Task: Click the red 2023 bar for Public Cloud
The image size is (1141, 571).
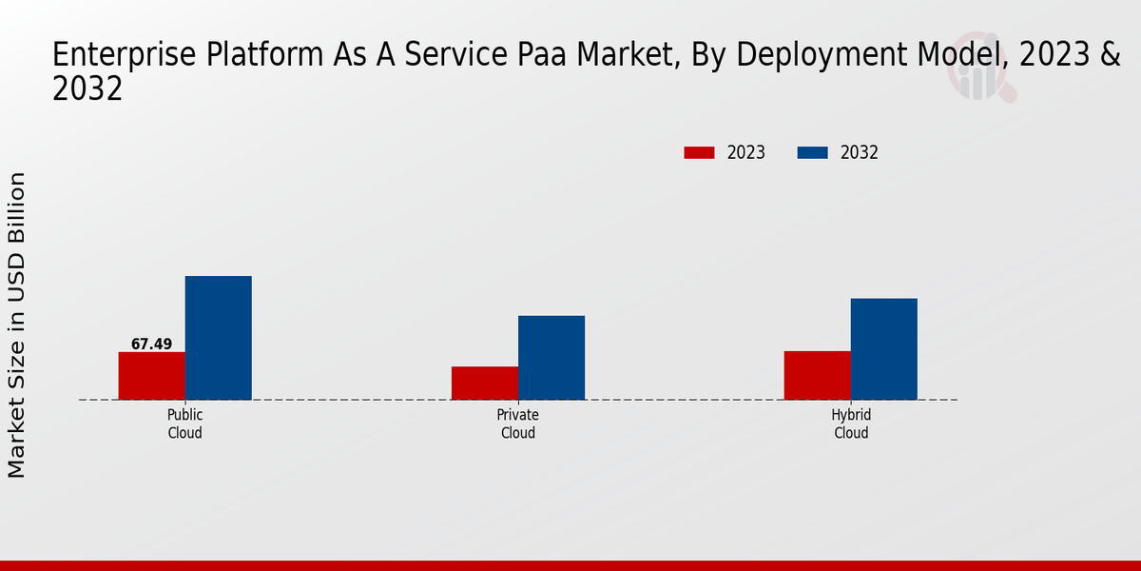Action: (x=151, y=376)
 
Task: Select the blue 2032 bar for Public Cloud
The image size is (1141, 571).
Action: (x=218, y=338)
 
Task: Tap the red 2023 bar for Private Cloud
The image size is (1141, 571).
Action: (x=485, y=383)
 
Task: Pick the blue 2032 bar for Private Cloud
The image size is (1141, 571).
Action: (x=551, y=358)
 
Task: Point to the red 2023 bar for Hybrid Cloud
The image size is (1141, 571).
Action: (x=817, y=375)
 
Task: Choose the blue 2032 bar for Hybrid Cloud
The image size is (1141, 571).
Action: (x=883, y=349)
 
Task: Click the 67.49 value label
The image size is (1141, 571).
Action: (x=151, y=345)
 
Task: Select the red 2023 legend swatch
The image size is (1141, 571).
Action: (x=699, y=152)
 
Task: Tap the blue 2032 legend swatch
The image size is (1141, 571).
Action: (x=812, y=152)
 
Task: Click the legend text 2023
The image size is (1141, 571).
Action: (x=746, y=152)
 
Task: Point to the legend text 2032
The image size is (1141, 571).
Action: (x=860, y=152)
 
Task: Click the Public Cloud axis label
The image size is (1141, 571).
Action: (x=184, y=424)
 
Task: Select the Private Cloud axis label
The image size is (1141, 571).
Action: (x=518, y=424)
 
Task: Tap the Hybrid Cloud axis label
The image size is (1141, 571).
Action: (x=851, y=424)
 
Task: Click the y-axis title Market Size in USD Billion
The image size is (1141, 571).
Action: (x=17, y=325)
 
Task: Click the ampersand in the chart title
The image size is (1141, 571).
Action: (x=1110, y=56)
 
